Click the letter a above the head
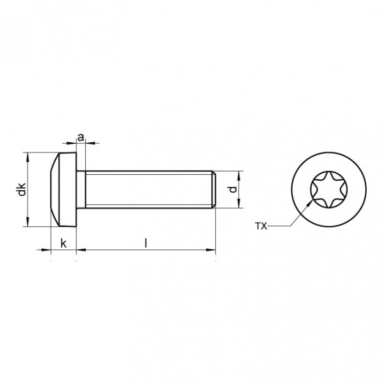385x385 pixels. coord(81,137)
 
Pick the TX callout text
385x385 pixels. coord(261,227)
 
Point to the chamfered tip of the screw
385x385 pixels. coord(213,190)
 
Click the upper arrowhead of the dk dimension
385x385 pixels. coord(27,156)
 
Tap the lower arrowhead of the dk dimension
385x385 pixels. coord(27,224)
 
